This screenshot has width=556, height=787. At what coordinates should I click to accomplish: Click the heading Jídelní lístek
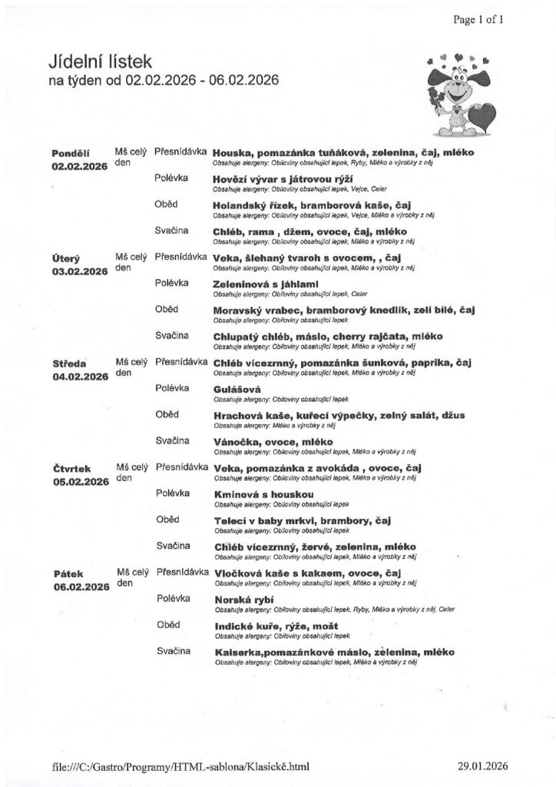click(101, 61)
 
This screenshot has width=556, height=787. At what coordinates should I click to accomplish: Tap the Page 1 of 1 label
click(478, 20)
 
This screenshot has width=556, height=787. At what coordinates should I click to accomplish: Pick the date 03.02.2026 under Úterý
click(79, 271)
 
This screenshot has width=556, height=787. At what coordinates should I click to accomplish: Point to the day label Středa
click(69, 363)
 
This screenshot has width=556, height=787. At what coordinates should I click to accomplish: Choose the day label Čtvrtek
click(72, 468)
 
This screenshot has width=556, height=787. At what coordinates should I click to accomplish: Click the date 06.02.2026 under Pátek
click(80, 586)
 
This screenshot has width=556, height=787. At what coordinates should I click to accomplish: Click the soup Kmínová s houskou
click(263, 495)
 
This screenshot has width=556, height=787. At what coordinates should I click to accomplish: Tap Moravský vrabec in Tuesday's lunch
click(256, 310)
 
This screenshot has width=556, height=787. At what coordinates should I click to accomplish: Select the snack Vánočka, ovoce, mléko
click(272, 442)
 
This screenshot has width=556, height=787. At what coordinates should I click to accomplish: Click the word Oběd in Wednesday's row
click(167, 414)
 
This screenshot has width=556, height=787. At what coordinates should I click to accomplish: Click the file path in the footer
click(180, 765)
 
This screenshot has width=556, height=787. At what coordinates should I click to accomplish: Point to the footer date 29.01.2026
click(480, 765)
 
